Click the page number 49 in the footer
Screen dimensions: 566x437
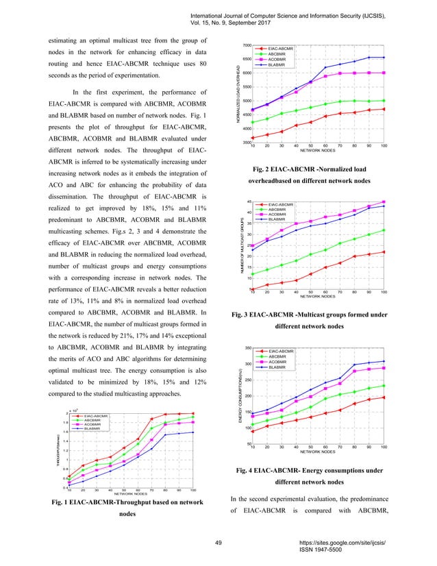coord(218,543)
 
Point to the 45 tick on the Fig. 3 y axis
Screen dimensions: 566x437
coord(248,201)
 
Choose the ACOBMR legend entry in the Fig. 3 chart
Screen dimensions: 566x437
coord(277,214)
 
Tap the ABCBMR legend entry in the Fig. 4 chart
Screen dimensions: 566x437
coord(277,356)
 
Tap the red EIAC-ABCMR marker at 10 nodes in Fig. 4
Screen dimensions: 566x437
coord(253,432)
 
